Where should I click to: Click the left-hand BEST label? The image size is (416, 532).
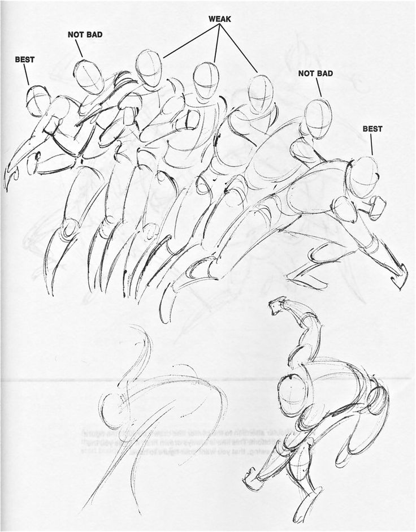(24, 58)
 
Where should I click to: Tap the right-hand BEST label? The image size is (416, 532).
(372, 129)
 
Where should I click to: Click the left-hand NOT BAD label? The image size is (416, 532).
(85, 34)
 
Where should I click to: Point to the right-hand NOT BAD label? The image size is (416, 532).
(315, 73)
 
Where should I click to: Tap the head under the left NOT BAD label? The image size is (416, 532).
(88, 76)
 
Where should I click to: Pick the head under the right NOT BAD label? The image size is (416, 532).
(318, 118)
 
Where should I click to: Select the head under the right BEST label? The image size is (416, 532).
(365, 176)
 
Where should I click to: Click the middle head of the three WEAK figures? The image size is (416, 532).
(206, 80)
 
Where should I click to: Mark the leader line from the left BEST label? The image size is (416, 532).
(26, 74)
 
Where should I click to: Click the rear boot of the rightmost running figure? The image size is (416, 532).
(398, 274)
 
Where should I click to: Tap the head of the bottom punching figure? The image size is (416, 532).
(294, 391)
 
